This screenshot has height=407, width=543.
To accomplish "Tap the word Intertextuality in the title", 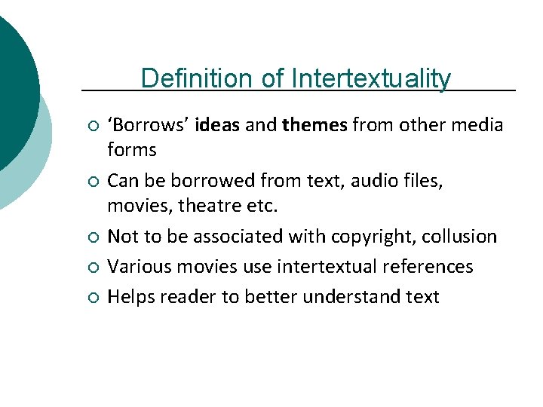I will coord(371,78).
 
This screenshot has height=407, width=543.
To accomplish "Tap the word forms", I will coord(132,150).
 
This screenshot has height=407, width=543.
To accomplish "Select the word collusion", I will coord(460,237).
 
